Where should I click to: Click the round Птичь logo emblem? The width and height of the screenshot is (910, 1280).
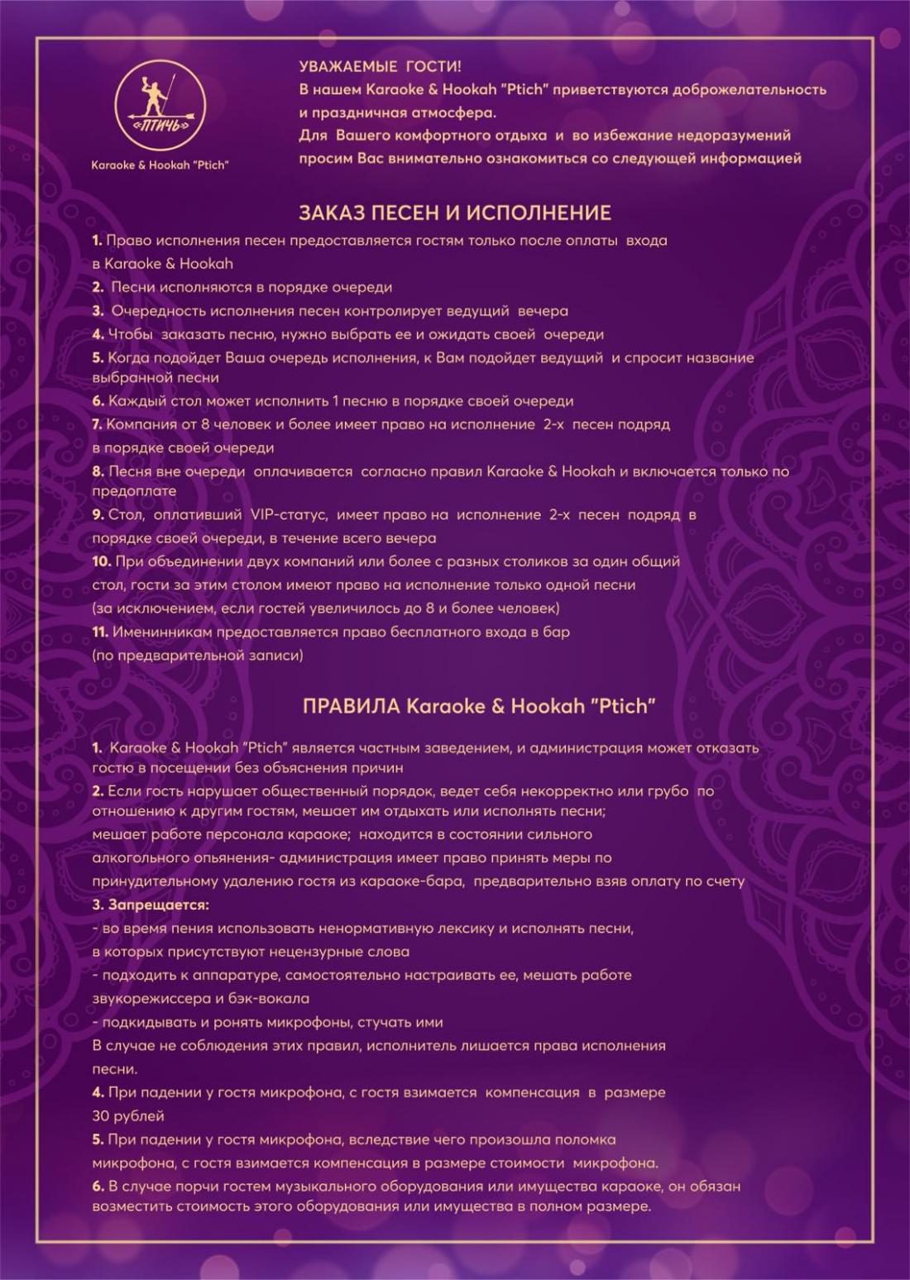coord(160,105)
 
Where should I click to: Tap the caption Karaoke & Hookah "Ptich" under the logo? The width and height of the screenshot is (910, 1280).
coord(160,165)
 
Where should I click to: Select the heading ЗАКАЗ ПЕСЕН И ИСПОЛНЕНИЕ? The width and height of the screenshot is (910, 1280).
coord(454,213)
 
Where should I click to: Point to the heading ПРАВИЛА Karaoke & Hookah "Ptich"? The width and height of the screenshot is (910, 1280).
coord(479,706)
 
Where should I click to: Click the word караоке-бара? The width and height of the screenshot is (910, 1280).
coord(418,881)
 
